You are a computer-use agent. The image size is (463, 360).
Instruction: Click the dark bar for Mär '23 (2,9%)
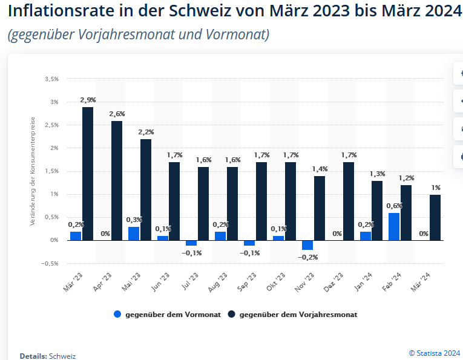[x=88, y=174]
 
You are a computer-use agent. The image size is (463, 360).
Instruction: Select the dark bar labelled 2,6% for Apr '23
[x=117, y=180]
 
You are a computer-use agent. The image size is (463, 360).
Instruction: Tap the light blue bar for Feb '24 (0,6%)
[x=394, y=226]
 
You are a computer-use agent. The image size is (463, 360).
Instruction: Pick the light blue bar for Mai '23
[x=134, y=234]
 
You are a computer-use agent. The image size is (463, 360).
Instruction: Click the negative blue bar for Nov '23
[x=307, y=245]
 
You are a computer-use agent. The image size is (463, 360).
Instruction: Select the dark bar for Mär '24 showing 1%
[x=435, y=217]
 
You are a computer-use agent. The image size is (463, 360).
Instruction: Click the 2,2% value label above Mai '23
[x=146, y=132]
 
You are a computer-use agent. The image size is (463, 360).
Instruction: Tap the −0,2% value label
[x=307, y=257]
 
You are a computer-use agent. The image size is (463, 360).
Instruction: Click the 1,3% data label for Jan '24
[x=377, y=174]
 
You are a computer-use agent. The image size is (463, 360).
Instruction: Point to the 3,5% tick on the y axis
[x=51, y=79]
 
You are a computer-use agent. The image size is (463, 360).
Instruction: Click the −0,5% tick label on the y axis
[x=50, y=263]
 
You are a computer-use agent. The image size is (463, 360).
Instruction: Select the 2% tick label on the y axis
[x=54, y=148]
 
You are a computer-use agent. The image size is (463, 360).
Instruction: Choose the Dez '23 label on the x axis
[x=336, y=281]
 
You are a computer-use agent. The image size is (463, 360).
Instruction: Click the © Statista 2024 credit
[x=435, y=353]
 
